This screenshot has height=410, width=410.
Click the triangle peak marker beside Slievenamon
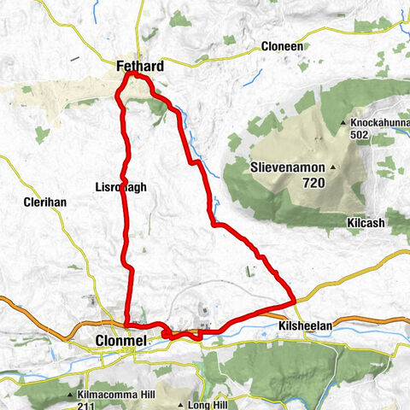332,167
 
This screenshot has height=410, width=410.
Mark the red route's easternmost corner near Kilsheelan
294,300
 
